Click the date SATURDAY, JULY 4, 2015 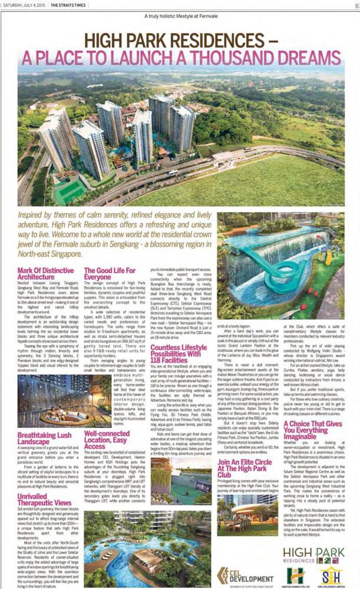pyautogui.click(x=24, y=5)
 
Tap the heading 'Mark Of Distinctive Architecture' pyautogui.click(x=39, y=273)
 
